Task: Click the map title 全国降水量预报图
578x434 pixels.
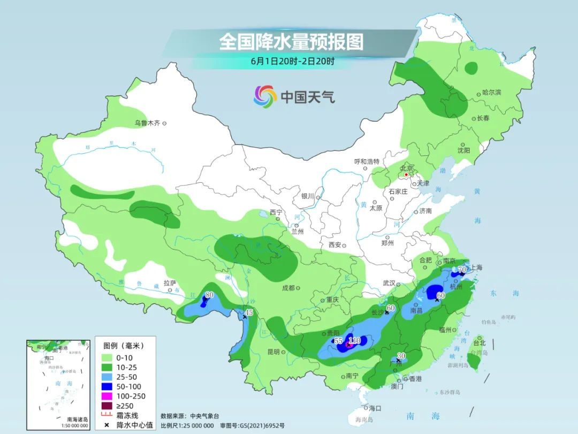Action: [291, 41]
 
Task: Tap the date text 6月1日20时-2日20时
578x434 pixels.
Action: [292, 61]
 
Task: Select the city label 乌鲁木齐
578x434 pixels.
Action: [147, 123]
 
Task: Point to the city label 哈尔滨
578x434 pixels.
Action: [491, 93]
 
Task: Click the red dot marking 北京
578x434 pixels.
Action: [406, 175]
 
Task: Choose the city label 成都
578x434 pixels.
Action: [288, 288]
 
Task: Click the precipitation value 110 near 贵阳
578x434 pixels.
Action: [355, 340]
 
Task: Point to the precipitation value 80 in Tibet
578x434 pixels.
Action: [209, 295]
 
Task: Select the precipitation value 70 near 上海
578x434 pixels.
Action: [462, 270]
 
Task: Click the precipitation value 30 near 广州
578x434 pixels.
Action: [401, 356]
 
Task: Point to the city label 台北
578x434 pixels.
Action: [480, 343]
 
